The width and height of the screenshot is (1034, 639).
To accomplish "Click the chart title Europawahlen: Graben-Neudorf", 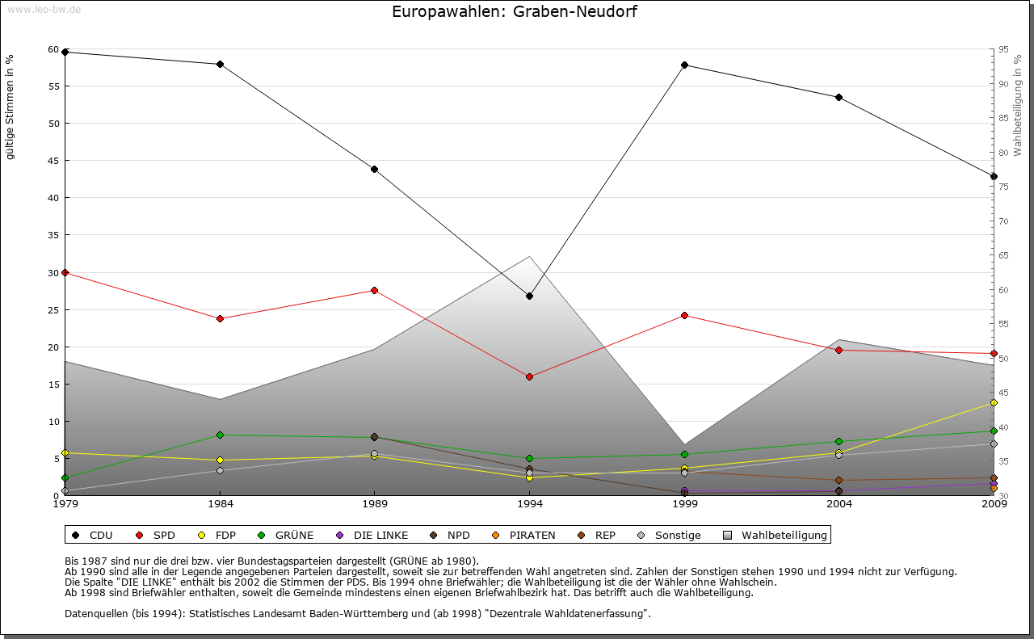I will pyautogui.click(x=508, y=11).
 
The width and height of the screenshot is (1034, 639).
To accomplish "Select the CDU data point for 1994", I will pyautogui.click(x=529, y=296).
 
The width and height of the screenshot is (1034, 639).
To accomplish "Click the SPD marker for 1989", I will pyautogui.click(x=374, y=290).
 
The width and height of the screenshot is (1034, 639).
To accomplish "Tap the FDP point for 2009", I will pyautogui.click(x=994, y=402).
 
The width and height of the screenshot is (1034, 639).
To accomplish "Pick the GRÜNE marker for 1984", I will pyautogui.click(x=220, y=435).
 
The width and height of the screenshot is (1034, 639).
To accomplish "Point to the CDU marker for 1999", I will pyautogui.click(x=684, y=65).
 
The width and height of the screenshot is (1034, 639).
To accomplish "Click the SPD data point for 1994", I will pyautogui.click(x=529, y=376).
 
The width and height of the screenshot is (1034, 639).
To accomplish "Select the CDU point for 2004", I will pyautogui.click(x=839, y=97).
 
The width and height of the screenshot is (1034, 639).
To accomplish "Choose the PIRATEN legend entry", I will pyautogui.click(x=524, y=535).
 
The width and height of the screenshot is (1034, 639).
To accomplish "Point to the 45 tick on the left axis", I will pyautogui.click(x=54, y=161).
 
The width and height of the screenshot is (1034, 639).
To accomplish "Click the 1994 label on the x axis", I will pyautogui.click(x=529, y=504).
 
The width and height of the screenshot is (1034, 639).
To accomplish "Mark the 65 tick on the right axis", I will pyautogui.click(x=1003, y=255).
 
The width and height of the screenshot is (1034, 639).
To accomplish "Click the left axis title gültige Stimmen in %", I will pyautogui.click(x=11, y=107).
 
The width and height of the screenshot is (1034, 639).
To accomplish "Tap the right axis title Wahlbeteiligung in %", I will pyautogui.click(x=1018, y=106).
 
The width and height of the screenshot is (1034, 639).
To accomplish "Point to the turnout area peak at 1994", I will pyautogui.click(x=529, y=256).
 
